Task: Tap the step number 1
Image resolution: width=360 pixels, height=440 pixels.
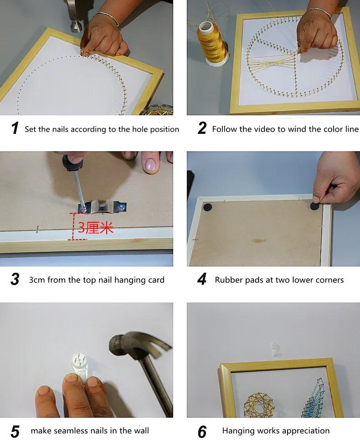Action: click(15, 128)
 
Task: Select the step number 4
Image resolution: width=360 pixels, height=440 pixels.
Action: click(202, 279)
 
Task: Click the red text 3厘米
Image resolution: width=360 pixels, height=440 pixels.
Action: click(96, 228)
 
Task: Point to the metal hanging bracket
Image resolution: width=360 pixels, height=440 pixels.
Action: click(103, 207)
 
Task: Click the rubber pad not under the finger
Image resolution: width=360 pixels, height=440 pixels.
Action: click(208, 207)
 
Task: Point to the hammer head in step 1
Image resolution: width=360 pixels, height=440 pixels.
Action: click(75, 17)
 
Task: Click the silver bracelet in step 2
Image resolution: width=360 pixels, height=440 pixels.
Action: click(320, 13)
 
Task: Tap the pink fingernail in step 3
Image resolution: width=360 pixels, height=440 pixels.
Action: click(151, 165)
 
